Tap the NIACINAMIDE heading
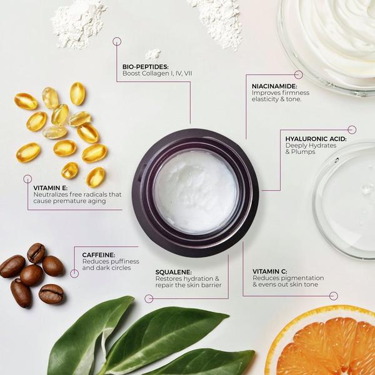click(x=274, y=86)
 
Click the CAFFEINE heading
click(x=99, y=254)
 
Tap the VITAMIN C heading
click(x=270, y=271)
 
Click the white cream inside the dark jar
click(x=196, y=191)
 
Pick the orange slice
click(x=325, y=344)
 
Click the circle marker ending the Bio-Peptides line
click(x=117, y=41)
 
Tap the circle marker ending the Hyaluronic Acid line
click(x=352, y=129)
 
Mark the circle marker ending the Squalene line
click(x=149, y=299)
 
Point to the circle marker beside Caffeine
click(x=74, y=273)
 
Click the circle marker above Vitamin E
click(x=27, y=179)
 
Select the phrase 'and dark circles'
click(x=107, y=268)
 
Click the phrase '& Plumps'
click(x=302, y=152)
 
